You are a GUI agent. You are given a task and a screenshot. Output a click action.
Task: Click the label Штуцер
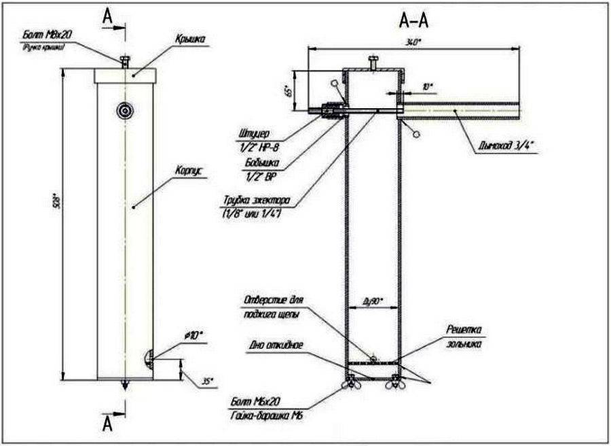tap(257, 134)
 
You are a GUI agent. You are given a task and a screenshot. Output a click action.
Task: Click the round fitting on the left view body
tap(124, 109)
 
